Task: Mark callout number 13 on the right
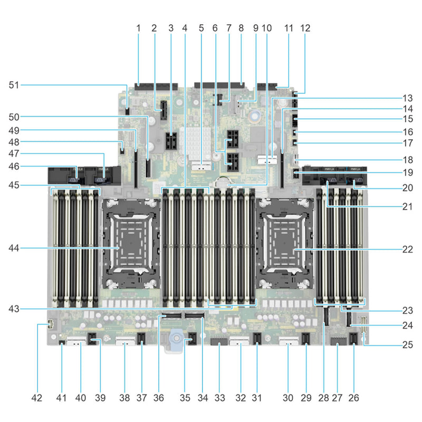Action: click(407, 97)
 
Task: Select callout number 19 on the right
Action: click(407, 172)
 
